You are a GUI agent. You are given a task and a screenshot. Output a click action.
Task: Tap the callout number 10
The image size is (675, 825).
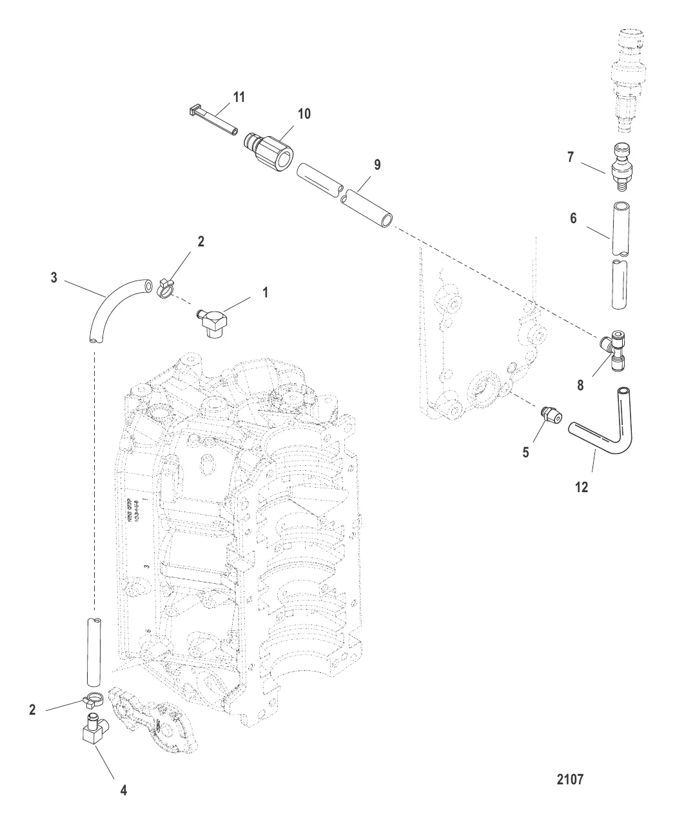click(304, 114)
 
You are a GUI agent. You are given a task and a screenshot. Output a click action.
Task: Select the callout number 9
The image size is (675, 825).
click(377, 165)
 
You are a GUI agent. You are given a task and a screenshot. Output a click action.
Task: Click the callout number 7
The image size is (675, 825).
click(571, 156)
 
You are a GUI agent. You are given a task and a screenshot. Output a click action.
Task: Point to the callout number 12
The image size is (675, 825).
click(582, 488)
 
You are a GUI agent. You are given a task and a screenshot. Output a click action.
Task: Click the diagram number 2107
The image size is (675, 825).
click(570, 779)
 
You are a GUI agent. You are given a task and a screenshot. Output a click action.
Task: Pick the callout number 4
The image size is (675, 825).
click(124, 790)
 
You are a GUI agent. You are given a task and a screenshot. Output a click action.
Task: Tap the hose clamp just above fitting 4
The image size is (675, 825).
click(95, 699)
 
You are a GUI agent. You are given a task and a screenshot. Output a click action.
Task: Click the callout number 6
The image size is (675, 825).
click(573, 219)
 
